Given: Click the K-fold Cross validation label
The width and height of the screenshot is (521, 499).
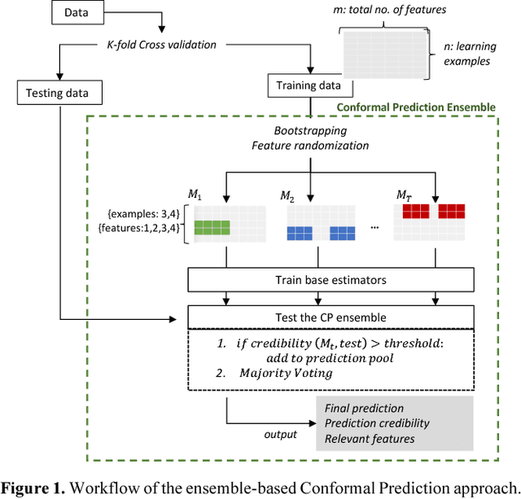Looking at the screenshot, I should click(x=162, y=44).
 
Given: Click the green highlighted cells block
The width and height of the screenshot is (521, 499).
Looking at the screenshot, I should click(x=211, y=228).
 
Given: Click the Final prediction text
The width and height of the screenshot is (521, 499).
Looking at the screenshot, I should click(x=364, y=408).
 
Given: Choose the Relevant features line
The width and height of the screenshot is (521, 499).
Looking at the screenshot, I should click(x=370, y=439).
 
